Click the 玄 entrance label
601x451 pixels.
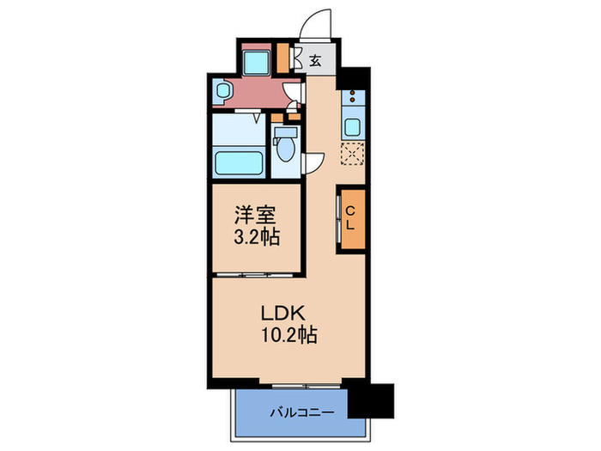(x=315, y=61)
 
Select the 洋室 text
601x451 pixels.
(x=256, y=213)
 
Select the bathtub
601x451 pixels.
(x=240, y=162)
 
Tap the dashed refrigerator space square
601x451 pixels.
(x=353, y=155)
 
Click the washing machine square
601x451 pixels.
(x=256, y=60)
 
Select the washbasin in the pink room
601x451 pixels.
(x=222, y=89)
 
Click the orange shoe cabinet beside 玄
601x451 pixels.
(x=284, y=58)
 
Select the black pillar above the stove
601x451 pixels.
(x=352, y=77)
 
